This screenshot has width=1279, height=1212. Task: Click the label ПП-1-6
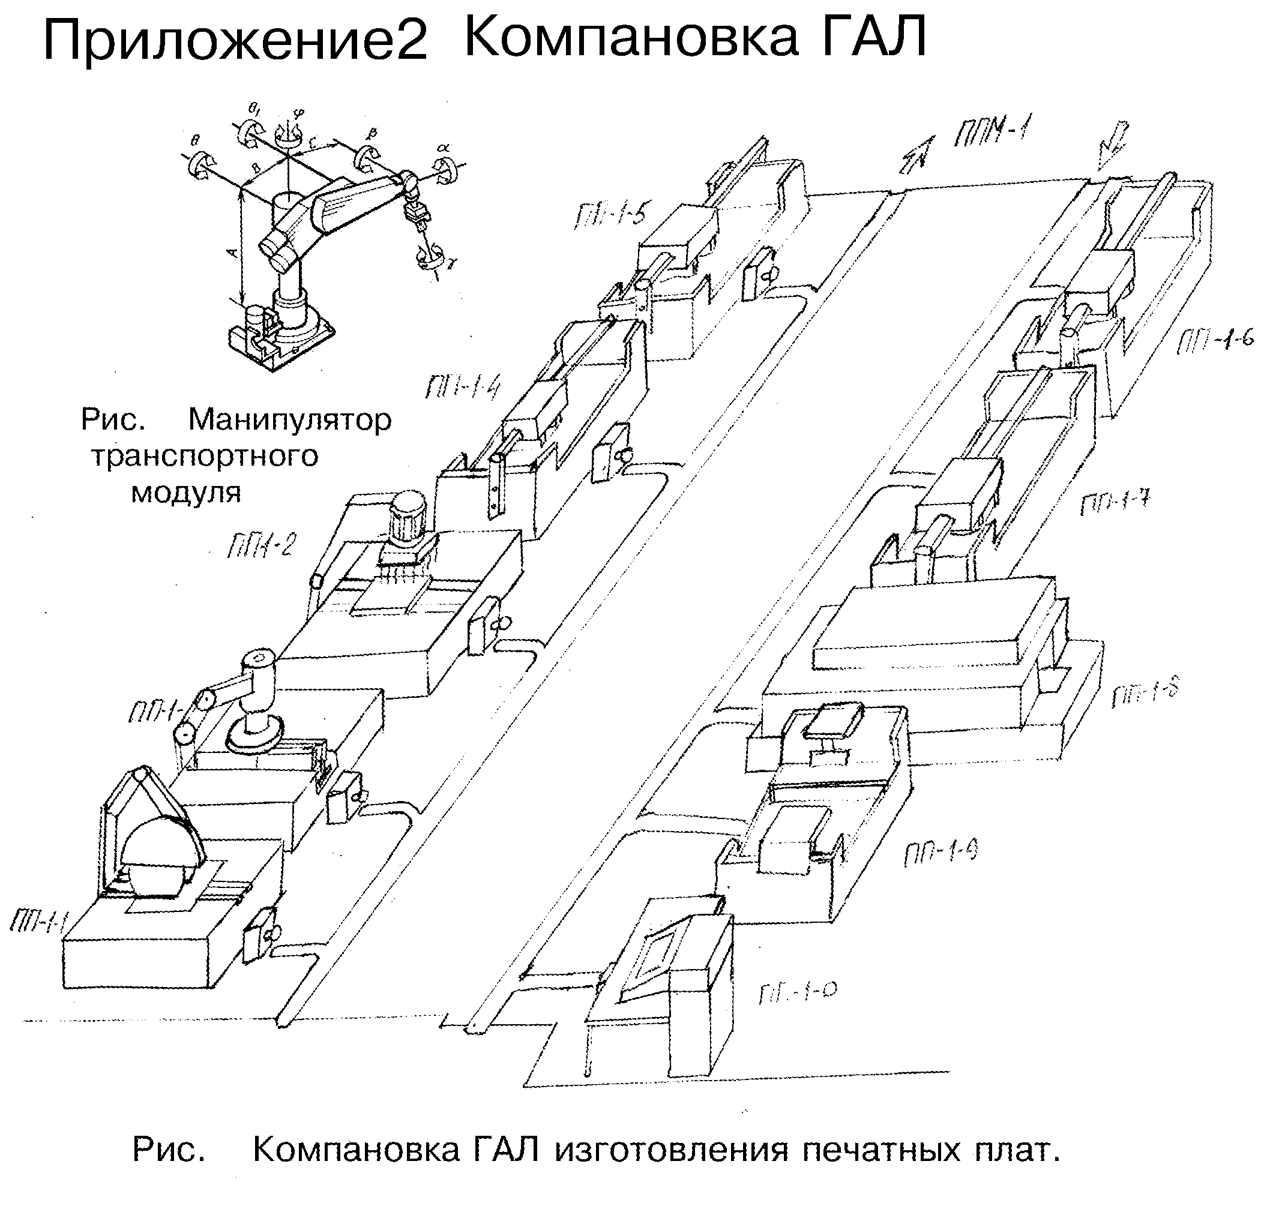click(1215, 340)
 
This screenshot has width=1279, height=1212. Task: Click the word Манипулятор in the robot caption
click(289, 421)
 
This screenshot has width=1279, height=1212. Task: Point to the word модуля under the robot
click(186, 494)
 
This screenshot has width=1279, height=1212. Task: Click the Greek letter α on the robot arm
click(443, 148)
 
